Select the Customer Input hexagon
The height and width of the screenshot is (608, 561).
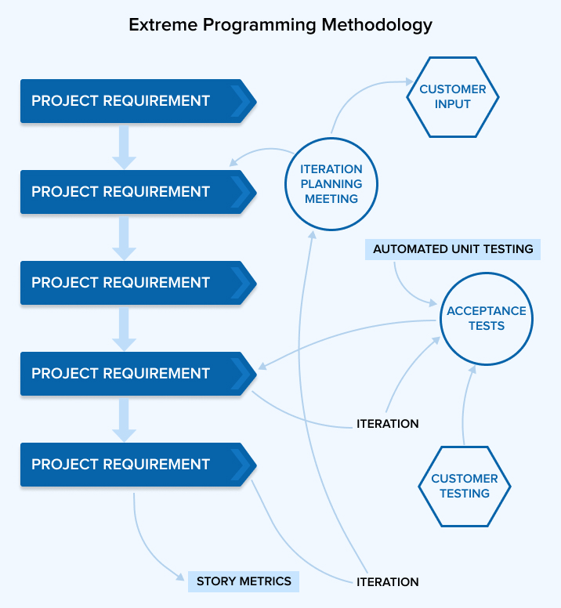point(452,96)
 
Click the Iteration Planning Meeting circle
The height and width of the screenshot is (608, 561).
point(331,184)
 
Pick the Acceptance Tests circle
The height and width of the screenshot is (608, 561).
point(486,318)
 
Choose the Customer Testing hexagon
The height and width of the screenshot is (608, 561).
point(464,486)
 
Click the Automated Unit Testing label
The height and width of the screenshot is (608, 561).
point(452,249)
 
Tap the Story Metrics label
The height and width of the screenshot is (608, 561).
point(244,581)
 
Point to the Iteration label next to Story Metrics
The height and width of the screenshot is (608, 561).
point(387,582)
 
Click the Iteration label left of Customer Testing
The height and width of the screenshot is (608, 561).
point(387,424)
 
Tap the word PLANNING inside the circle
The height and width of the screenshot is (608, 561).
point(331,184)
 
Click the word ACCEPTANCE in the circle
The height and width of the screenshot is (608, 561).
point(486,311)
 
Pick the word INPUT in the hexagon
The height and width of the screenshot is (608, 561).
point(452,104)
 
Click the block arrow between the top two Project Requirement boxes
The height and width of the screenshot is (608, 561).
point(125,147)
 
